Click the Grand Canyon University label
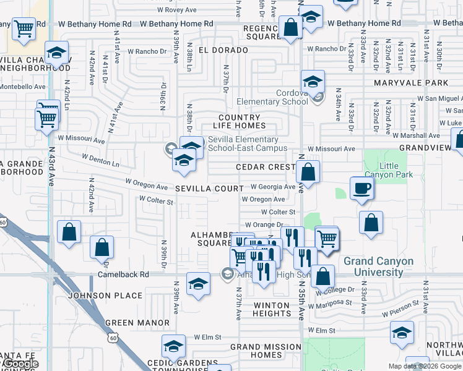pyautogui.click(x=378, y=266)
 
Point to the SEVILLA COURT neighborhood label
pyautogui.click(x=209, y=188)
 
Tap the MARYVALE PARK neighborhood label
pyautogui.click(x=411, y=82)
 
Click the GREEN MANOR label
pyautogui.click(x=137, y=323)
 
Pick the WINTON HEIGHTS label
pyautogui.click(x=271, y=309)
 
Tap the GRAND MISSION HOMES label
pyautogui.click(x=266, y=351)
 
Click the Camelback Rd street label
pyautogui.click(x=123, y=274)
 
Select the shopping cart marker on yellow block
pyautogui.click(x=24, y=28)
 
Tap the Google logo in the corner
pyautogui.click(x=20, y=364)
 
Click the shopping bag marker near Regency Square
pyautogui.click(x=290, y=28)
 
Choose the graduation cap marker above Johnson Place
pyautogui.click(x=198, y=284)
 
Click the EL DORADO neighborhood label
pyautogui.click(x=218, y=48)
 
